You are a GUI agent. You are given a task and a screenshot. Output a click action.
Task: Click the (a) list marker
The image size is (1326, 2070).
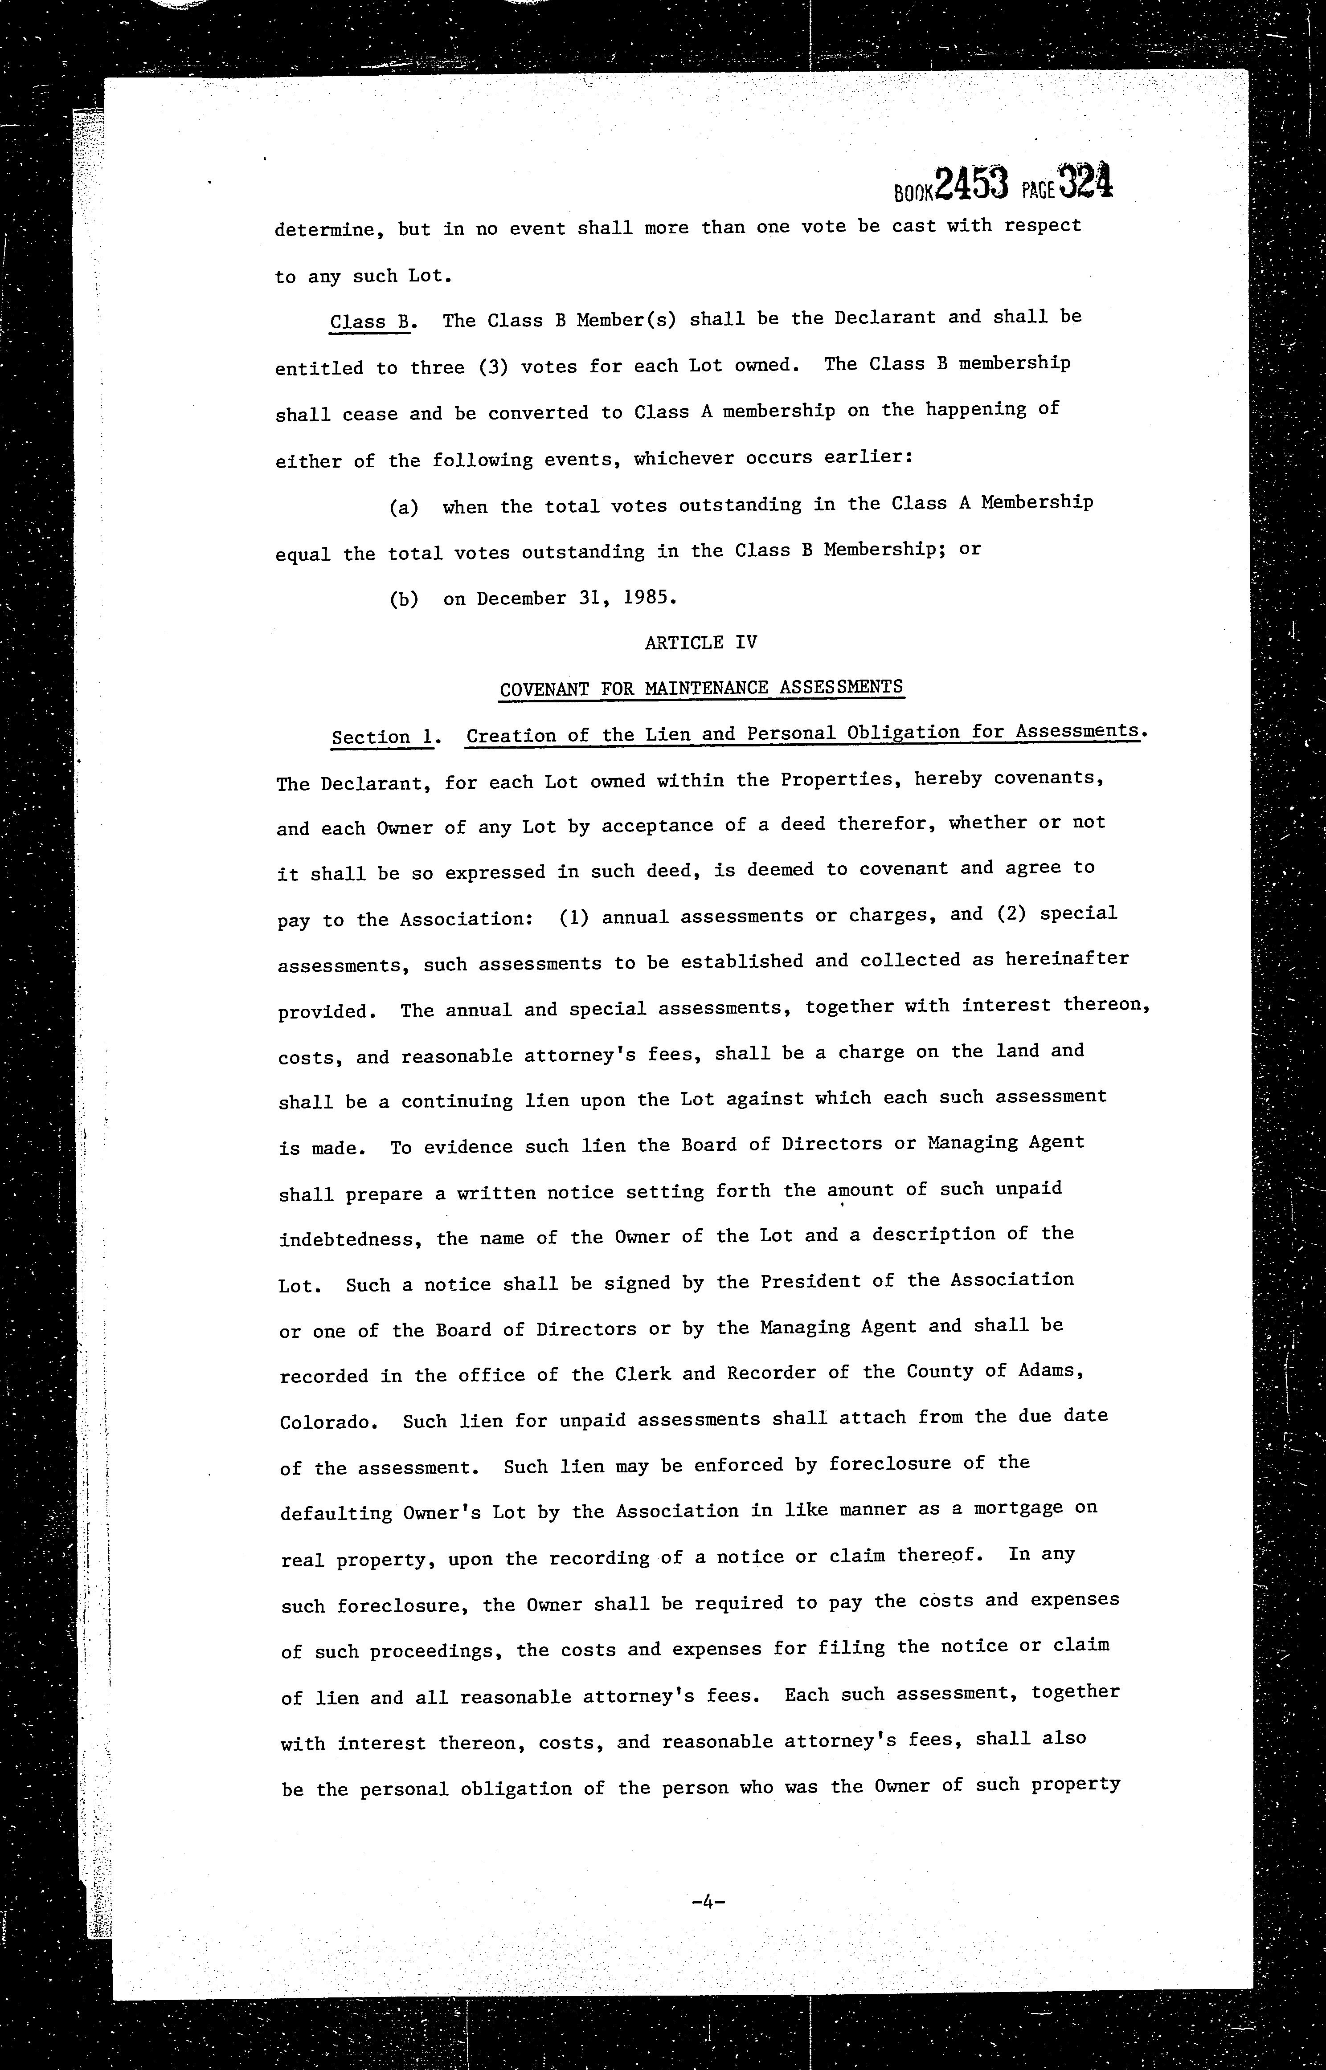click(x=404, y=507)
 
